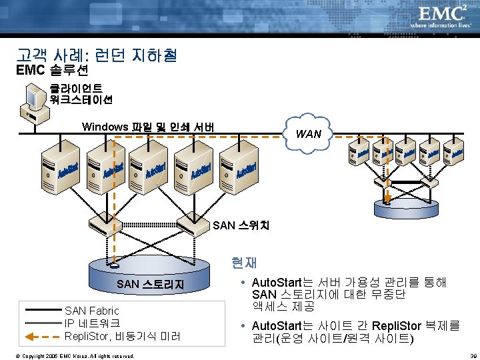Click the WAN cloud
point(308,134)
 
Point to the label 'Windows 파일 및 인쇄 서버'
point(147,127)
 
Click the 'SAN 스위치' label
point(241,225)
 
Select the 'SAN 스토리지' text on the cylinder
point(150,285)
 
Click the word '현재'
point(244,263)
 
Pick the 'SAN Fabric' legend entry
point(92,311)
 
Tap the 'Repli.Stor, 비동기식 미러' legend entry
point(122,336)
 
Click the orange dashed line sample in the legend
point(41,336)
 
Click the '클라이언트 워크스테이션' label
point(81,94)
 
